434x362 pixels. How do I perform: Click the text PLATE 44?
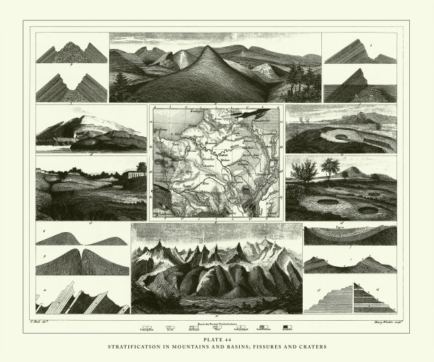216,340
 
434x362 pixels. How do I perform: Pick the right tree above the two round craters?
329,168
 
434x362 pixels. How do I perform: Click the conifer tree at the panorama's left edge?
121,87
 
